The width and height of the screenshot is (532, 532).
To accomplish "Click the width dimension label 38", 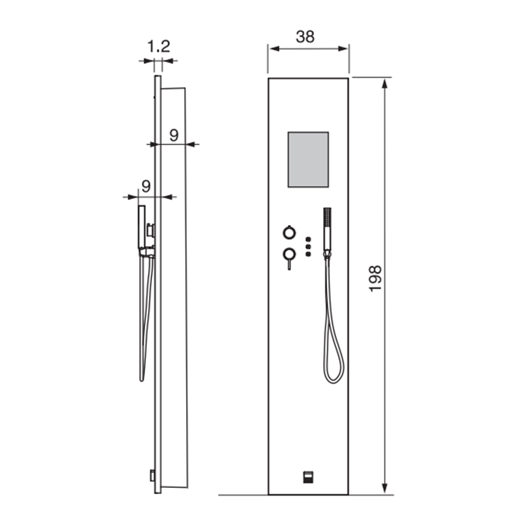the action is [x=305, y=36].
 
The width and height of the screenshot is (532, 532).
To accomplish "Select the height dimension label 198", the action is [x=375, y=279].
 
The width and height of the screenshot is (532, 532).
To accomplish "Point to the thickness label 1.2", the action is [x=158, y=46].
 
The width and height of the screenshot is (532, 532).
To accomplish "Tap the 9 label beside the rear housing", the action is [x=174, y=135].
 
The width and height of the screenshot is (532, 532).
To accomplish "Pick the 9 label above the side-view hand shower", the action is [x=146, y=186].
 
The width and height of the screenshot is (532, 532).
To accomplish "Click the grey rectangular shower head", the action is [x=308, y=160].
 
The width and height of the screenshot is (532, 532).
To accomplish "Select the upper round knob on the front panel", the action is [x=289, y=233].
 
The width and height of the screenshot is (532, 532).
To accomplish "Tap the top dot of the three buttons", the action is [x=308, y=239].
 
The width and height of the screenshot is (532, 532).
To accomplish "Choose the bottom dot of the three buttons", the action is [x=308, y=254].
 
